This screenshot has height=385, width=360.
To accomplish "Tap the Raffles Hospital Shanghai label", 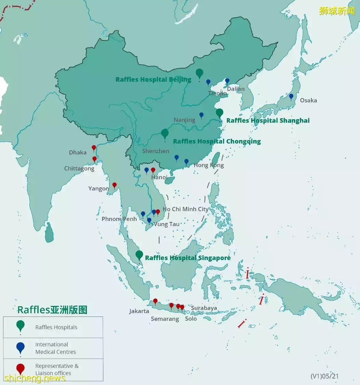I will [x=268, y=121].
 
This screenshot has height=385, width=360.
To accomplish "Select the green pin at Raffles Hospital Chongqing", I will [x=165, y=133].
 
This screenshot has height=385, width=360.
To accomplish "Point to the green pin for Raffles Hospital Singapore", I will [x=139, y=255].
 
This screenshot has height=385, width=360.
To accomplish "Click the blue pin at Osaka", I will [x=291, y=97].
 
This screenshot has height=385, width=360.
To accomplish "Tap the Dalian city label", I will [x=236, y=89].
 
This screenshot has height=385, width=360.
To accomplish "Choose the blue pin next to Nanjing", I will [x=202, y=115].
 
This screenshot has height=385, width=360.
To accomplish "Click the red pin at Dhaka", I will [x=94, y=148].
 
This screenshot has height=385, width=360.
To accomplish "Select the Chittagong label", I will [x=79, y=169].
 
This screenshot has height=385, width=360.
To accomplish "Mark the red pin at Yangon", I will [x=115, y=185].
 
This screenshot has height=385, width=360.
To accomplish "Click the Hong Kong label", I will [x=209, y=165].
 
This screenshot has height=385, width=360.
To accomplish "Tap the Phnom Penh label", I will [x=119, y=219].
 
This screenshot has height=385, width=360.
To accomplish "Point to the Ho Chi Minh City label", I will [x=185, y=209].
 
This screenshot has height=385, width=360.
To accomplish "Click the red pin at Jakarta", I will [x=155, y=301].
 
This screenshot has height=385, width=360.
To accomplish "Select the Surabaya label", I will [x=204, y=308].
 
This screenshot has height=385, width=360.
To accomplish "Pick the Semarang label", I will [x=165, y=319].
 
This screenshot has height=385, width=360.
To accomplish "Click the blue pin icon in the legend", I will [x=21, y=347].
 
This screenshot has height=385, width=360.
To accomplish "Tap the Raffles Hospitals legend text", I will [x=56, y=327].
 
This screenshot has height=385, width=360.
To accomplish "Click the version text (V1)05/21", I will [x=324, y=376].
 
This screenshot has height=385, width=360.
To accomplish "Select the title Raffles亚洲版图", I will [x=52, y=310].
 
